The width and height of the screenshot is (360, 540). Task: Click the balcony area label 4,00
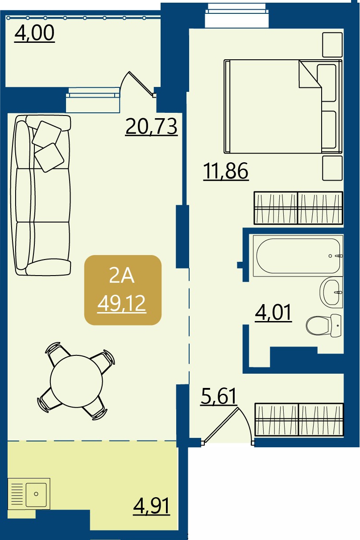coord(34,33)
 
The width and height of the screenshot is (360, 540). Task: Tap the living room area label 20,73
coord(151,127)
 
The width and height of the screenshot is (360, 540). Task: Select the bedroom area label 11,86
coord(226,171)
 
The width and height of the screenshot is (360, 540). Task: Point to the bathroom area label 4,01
coord(273,313)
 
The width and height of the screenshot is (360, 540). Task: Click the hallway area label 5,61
coord(218,396)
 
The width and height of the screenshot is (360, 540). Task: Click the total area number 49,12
coord(122,304)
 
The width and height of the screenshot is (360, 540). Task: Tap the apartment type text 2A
coord(122,276)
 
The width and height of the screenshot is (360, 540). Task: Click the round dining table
coord(76,381)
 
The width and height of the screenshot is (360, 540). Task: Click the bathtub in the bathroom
coord(298,256)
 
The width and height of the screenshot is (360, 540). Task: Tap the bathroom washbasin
coord(331,292)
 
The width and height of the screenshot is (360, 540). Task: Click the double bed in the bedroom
coord(283,106)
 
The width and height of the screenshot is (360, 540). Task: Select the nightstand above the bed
coord(332,45)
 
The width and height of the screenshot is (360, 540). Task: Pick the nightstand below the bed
coord(332,168)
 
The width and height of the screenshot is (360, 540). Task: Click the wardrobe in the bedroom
coord(298,208)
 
